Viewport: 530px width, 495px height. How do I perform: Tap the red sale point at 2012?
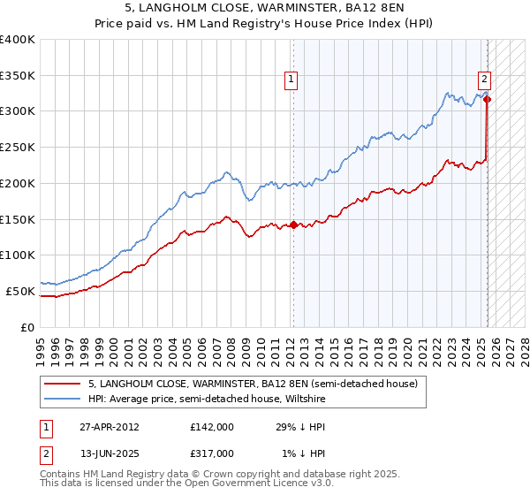[293, 225]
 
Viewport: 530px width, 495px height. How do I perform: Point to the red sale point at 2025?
[487, 99]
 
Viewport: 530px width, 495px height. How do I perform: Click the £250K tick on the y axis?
[18, 147]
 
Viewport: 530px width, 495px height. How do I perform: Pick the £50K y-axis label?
[20, 291]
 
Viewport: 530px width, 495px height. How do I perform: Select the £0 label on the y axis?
[28, 327]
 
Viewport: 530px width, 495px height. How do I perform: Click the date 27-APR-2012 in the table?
[109, 427]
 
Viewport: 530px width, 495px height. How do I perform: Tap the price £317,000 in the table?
[212, 453]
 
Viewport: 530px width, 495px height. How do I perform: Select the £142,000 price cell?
[212, 427]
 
